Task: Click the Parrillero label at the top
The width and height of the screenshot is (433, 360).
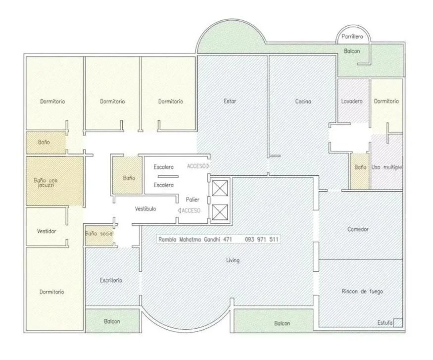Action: (x=352, y=37)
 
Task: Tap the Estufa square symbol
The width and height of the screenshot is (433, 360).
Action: (x=398, y=323)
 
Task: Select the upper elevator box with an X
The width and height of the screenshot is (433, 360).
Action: (x=220, y=188)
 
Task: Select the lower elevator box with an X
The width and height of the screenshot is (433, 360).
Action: (x=220, y=212)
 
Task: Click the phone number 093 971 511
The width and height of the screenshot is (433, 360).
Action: (x=261, y=239)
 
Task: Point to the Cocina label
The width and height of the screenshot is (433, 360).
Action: (x=303, y=102)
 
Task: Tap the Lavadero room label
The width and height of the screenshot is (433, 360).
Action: (x=351, y=102)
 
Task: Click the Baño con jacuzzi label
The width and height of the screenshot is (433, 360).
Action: (x=46, y=183)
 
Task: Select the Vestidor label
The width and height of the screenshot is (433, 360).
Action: (x=47, y=231)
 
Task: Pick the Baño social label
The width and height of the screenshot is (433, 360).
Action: (x=99, y=233)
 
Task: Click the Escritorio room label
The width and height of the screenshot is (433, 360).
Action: (x=111, y=280)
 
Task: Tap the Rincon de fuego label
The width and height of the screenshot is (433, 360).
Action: (x=362, y=292)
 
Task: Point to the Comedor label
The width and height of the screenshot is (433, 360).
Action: (x=358, y=229)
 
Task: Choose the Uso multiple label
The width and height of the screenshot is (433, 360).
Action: (x=386, y=167)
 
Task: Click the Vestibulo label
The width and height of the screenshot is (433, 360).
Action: (x=145, y=209)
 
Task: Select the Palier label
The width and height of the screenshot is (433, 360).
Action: (x=192, y=200)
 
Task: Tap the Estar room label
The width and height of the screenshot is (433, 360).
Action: (x=230, y=101)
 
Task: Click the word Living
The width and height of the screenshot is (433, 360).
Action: (x=233, y=260)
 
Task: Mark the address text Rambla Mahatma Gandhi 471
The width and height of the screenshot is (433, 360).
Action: (x=195, y=239)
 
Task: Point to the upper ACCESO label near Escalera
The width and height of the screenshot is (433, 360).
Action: (x=198, y=166)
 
